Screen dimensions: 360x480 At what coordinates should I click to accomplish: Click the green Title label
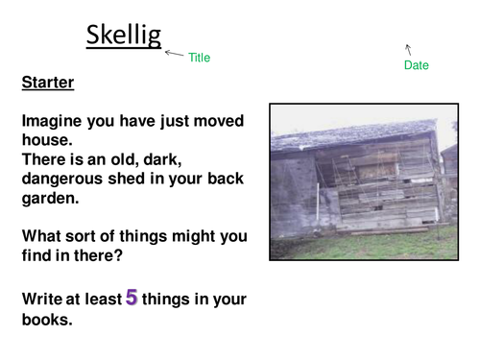pyautogui.click(x=199, y=58)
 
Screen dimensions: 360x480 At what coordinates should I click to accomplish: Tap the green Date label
pyautogui.click(x=417, y=65)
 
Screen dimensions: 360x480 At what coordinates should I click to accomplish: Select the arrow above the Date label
pyautogui.click(x=409, y=48)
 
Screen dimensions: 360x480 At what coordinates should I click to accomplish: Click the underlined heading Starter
pyautogui.click(x=48, y=84)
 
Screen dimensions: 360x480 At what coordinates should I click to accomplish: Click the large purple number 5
pyautogui.click(x=132, y=298)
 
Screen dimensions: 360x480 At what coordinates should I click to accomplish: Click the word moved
pyautogui.click(x=221, y=121)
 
